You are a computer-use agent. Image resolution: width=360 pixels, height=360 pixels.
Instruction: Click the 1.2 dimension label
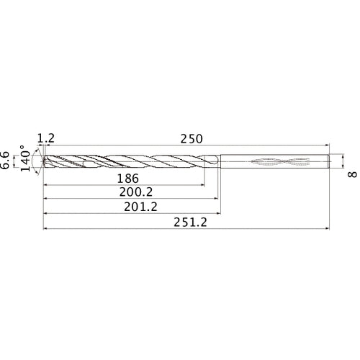point(45,138)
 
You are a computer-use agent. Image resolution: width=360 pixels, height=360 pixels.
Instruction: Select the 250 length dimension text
point(191,138)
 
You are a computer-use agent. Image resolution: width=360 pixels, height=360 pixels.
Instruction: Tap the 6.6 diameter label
point(6,160)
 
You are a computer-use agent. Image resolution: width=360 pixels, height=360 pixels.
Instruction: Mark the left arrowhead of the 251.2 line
point(46,230)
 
